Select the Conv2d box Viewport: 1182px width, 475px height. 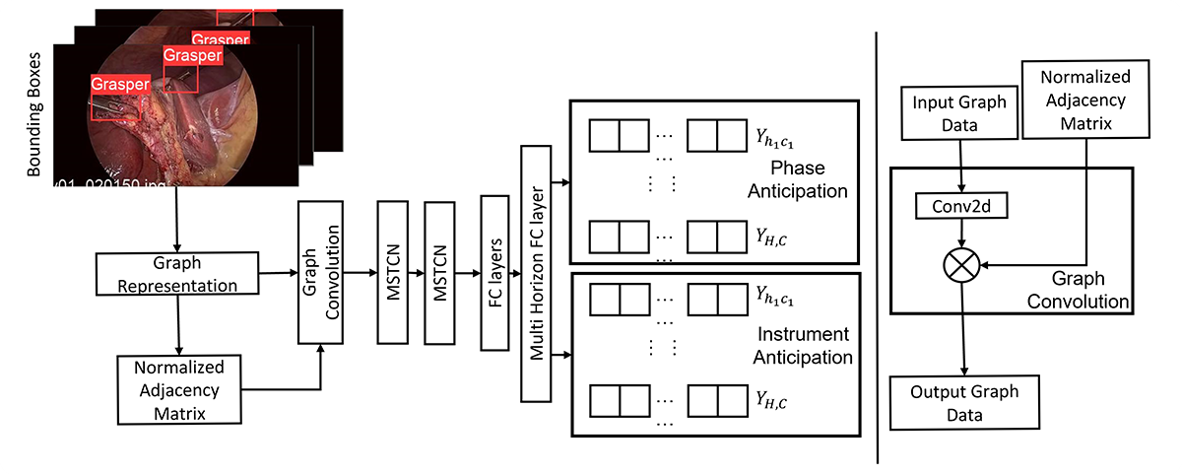(959, 206)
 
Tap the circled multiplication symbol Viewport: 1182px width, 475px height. (960, 264)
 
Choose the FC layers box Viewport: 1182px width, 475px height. (492, 273)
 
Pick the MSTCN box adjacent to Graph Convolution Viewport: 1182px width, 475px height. (392, 273)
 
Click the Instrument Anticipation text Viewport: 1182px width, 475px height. (802, 346)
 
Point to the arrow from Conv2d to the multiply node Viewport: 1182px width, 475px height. (960, 233)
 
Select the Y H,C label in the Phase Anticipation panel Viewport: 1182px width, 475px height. (770, 237)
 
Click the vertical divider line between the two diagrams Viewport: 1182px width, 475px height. (877, 237)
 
